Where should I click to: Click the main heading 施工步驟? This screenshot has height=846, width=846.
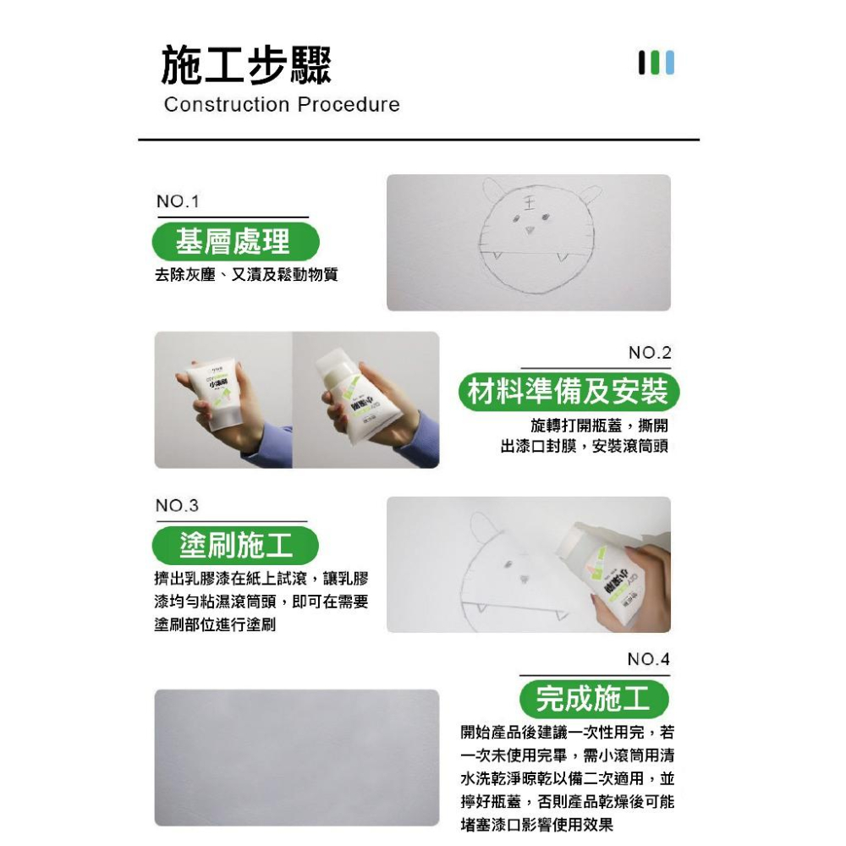click(246, 67)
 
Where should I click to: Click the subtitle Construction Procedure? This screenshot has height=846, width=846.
click(282, 105)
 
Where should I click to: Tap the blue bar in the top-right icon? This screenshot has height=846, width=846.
click(670, 63)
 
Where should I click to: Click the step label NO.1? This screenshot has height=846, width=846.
click(177, 202)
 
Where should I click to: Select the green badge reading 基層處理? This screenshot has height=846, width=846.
click(234, 242)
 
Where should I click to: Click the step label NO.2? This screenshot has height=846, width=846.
click(649, 353)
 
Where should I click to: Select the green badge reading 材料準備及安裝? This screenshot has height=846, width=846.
click(568, 392)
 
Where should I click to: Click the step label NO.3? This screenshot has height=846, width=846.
click(177, 506)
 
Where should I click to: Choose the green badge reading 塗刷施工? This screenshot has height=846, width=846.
click(236, 546)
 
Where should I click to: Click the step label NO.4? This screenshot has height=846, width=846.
click(649, 659)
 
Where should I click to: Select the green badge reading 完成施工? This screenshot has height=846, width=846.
click(593, 699)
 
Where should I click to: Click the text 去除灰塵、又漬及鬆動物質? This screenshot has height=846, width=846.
click(246, 275)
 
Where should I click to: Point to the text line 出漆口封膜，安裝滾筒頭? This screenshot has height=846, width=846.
click(584, 446)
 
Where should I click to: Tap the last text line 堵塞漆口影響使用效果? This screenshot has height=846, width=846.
click(536, 825)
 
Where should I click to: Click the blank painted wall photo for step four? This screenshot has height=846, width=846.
click(296, 757)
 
